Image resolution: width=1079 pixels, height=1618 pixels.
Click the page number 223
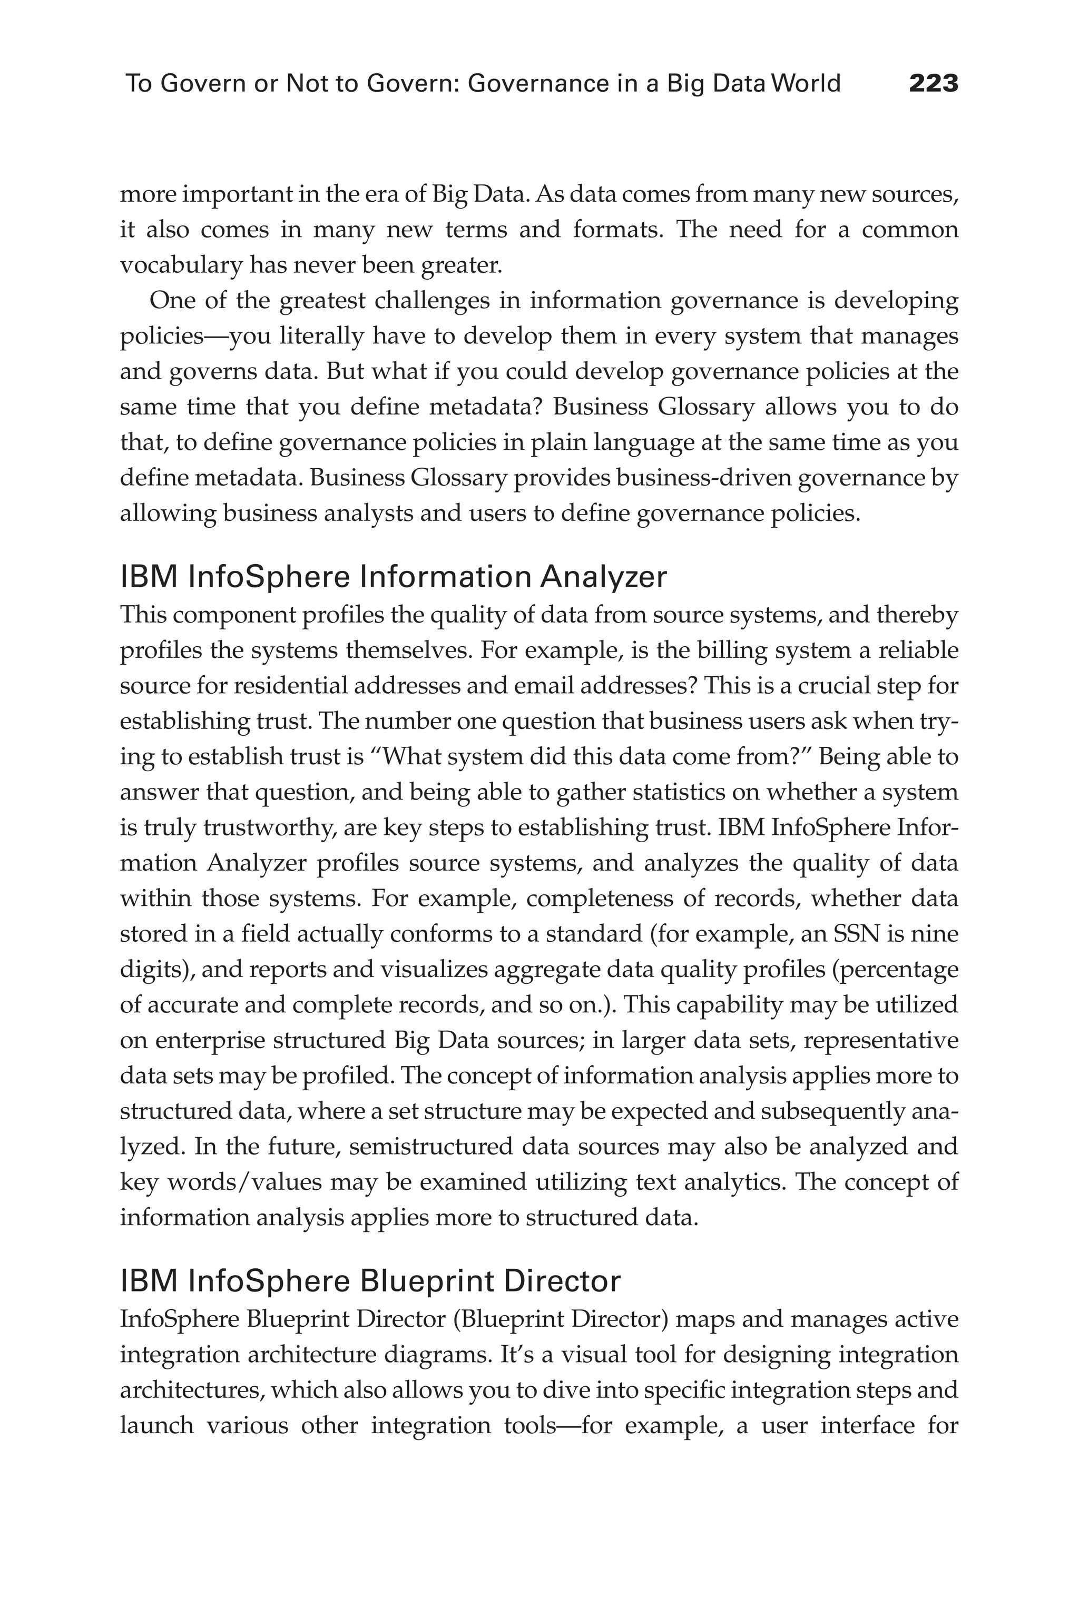point(933,84)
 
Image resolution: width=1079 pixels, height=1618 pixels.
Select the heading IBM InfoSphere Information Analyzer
point(394,577)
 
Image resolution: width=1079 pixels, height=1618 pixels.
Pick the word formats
point(616,230)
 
